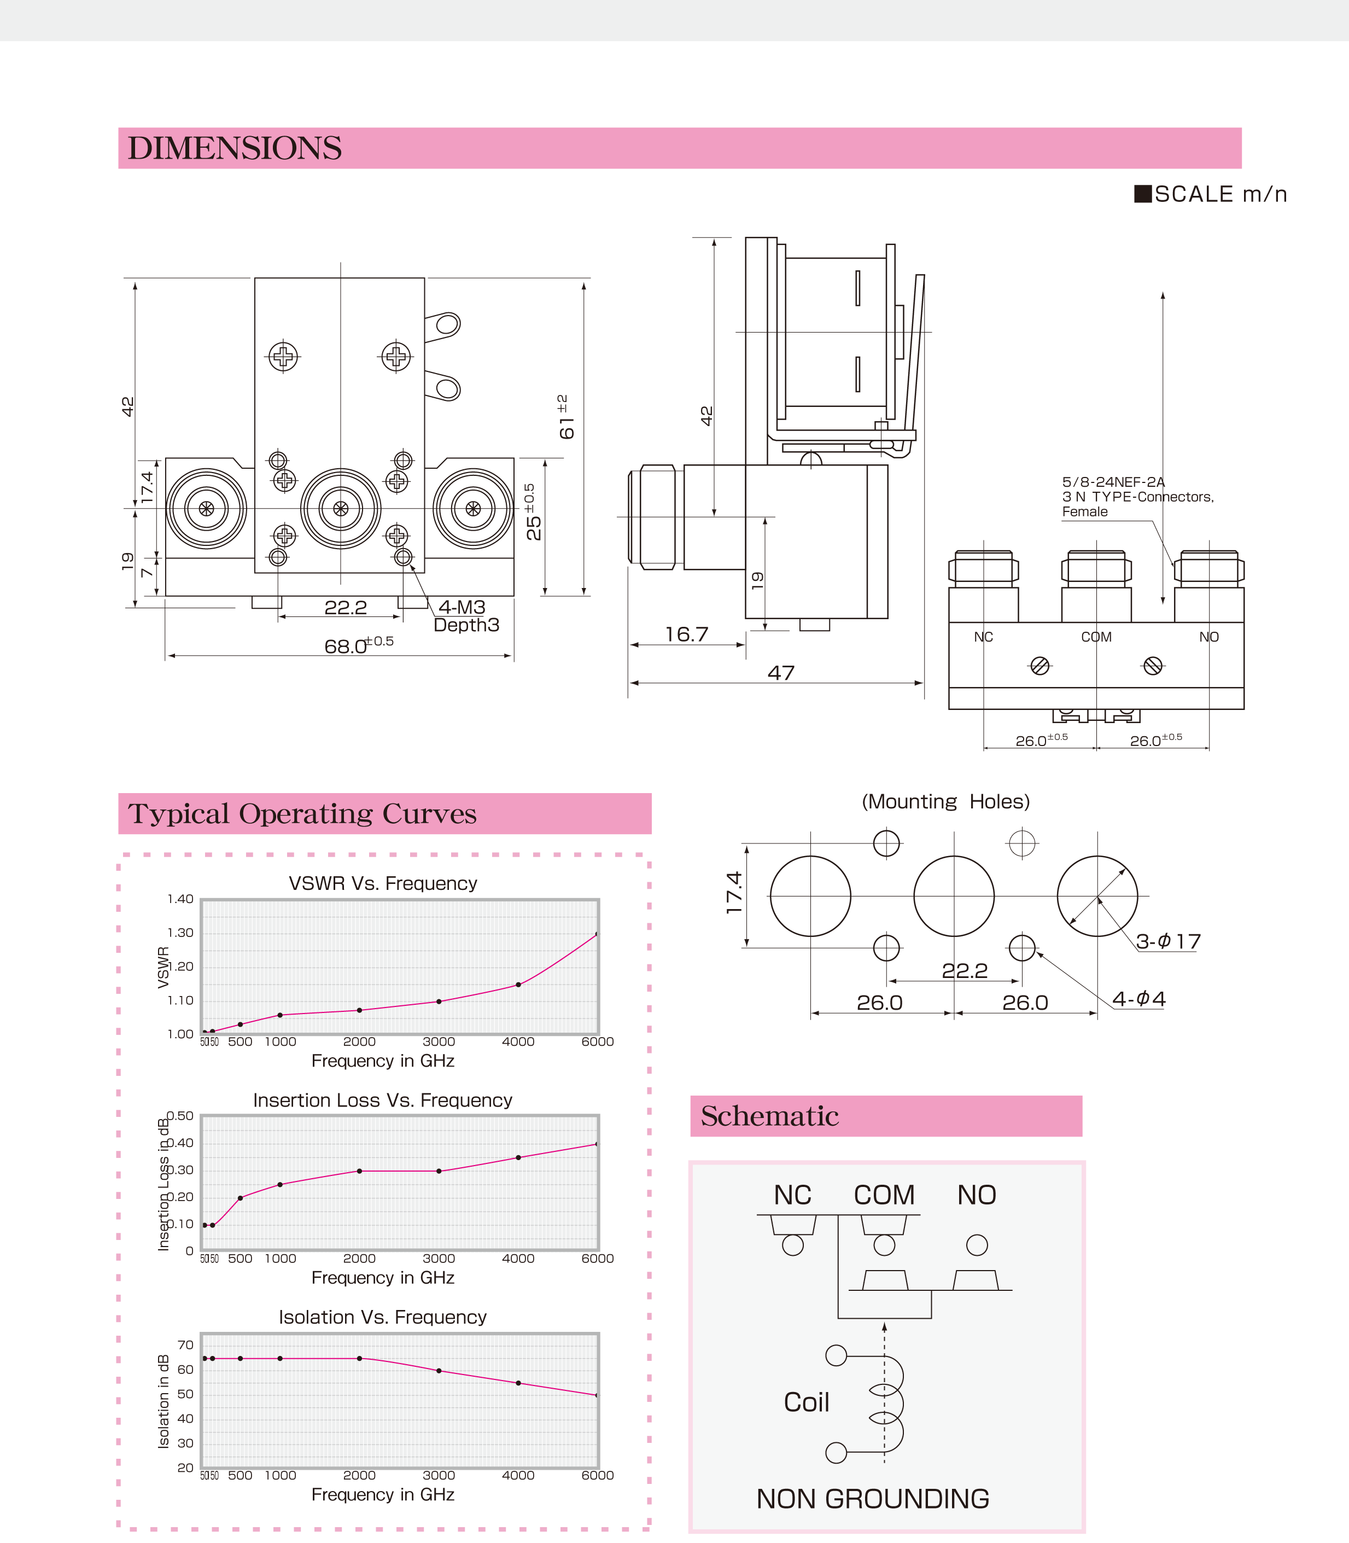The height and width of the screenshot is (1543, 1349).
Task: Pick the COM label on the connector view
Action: pyautogui.click(x=1095, y=637)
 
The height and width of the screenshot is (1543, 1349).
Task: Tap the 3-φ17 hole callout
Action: pyautogui.click(x=1167, y=941)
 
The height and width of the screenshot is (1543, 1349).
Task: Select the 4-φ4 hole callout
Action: pyautogui.click(x=1138, y=999)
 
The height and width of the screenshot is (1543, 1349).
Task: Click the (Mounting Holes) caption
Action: pyautogui.click(x=945, y=801)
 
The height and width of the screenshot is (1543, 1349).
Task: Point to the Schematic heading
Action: pyautogui.click(x=769, y=1116)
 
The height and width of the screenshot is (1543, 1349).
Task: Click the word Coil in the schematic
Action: pyautogui.click(x=806, y=1402)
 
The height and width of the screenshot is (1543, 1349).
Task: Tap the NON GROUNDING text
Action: pyautogui.click(x=873, y=1499)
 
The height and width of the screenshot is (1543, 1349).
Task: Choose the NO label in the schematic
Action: pyautogui.click(x=977, y=1195)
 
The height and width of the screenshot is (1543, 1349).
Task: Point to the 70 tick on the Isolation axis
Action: pyautogui.click(x=185, y=1345)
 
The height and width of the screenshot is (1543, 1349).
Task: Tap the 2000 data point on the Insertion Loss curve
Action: pyautogui.click(x=359, y=1171)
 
